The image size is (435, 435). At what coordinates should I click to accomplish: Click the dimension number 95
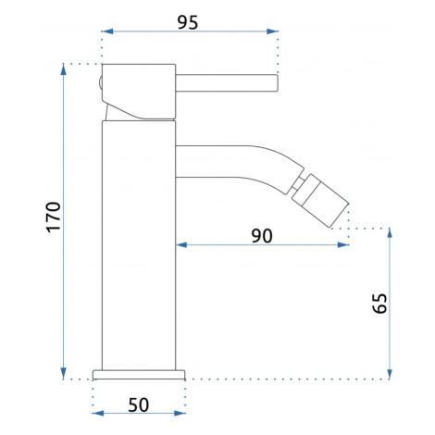(188, 22)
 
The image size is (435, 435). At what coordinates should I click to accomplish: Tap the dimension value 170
(54, 217)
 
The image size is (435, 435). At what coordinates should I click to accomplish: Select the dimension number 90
(262, 236)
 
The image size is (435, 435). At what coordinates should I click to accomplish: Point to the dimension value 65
(379, 304)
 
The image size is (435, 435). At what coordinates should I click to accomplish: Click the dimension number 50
(139, 405)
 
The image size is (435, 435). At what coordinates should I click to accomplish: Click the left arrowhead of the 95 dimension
(107, 31)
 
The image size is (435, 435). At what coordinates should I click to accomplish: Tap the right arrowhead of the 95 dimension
(272, 31)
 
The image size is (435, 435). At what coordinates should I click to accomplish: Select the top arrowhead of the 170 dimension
(63, 69)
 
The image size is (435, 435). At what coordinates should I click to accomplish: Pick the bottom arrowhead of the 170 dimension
(63, 373)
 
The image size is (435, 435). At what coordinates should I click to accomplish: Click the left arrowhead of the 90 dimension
(181, 245)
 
